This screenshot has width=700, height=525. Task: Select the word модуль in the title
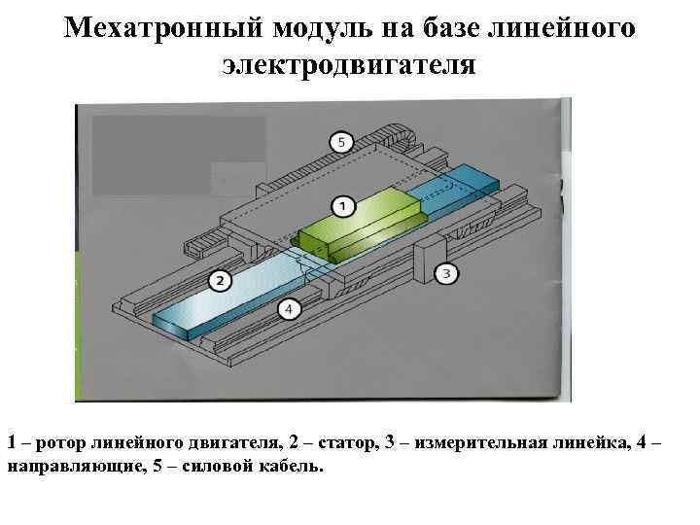pos(323,28)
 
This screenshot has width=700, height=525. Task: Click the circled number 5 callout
pos(340,143)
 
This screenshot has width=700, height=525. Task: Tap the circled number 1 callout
pos(341,206)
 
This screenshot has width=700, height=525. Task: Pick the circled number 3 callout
pos(445,274)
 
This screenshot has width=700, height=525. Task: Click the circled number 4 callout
pos(288,309)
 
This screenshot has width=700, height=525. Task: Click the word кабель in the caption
pos(295,466)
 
